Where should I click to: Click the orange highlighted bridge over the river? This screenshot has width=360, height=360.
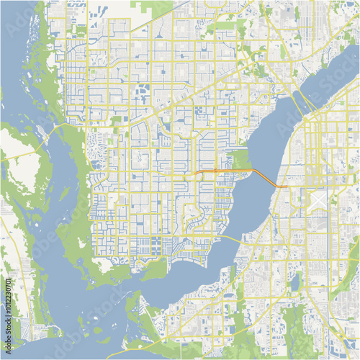click(263, 175)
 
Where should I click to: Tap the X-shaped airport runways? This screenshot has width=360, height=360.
click(318, 198)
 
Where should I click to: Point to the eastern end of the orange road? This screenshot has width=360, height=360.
click(287, 187)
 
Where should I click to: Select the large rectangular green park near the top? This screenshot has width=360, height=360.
click(225, 26)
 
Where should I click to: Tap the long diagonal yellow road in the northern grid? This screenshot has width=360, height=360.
click(194, 94)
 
